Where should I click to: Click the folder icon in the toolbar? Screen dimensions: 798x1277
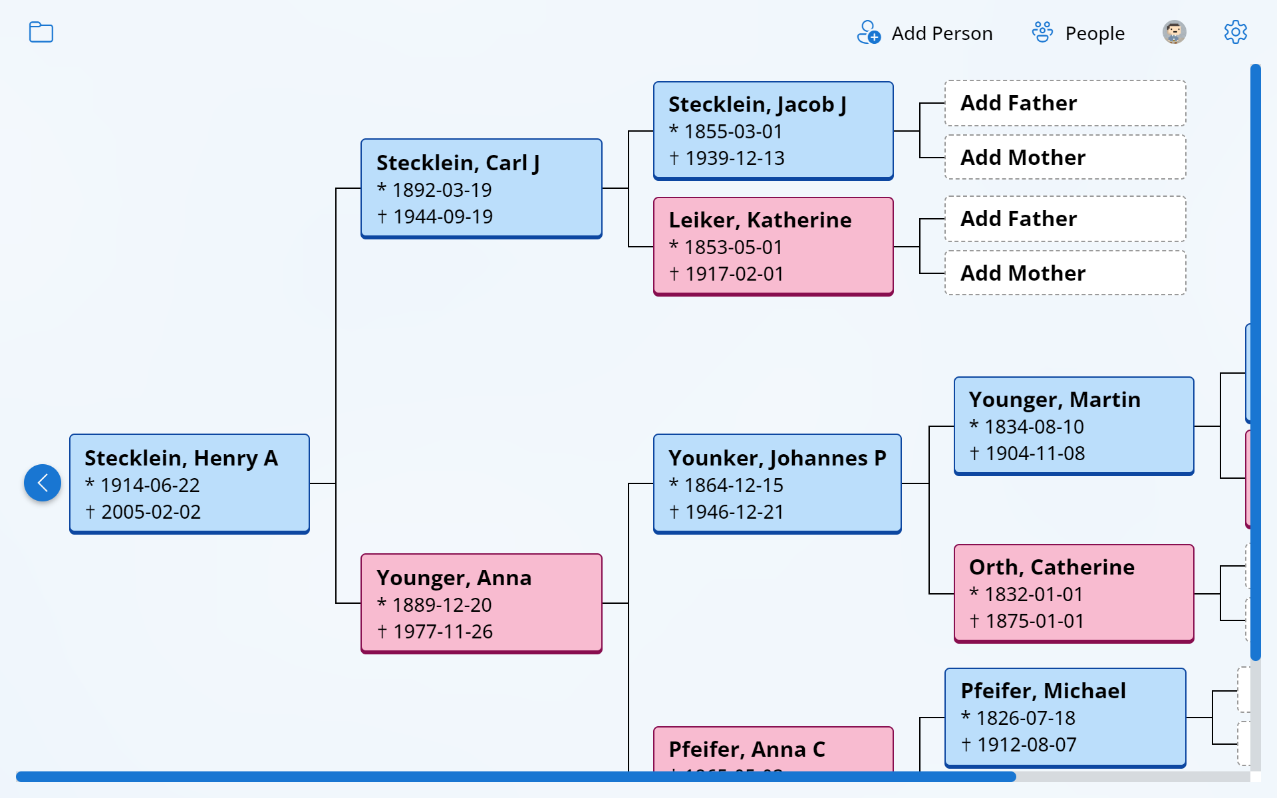click(x=41, y=33)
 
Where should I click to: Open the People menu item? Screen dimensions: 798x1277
click(x=1078, y=33)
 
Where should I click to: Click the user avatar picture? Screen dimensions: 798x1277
click(x=1174, y=33)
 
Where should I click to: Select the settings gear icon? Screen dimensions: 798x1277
click(x=1235, y=33)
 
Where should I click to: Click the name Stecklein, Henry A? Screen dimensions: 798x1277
click(x=181, y=458)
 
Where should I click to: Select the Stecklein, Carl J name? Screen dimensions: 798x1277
click(x=458, y=163)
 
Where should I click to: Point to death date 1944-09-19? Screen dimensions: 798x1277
click(x=442, y=217)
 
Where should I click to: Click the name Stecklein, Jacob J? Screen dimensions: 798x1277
click(x=757, y=104)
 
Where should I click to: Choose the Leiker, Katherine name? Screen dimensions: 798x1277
click(x=760, y=220)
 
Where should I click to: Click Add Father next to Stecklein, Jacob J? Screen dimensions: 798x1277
click(x=1018, y=103)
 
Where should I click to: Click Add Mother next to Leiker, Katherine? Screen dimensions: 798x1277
click(x=1022, y=273)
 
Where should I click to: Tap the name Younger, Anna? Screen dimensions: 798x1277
click(x=454, y=578)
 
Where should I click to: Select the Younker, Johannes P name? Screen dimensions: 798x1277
click(x=777, y=458)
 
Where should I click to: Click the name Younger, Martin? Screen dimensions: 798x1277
click(x=1054, y=400)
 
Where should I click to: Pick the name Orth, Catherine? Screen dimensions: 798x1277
click(x=1052, y=567)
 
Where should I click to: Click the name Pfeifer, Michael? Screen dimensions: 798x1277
click(x=1043, y=691)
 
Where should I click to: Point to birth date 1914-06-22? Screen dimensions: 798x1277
click(x=150, y=485)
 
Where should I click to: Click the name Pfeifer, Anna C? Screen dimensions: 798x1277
click(x=746, y=749)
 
